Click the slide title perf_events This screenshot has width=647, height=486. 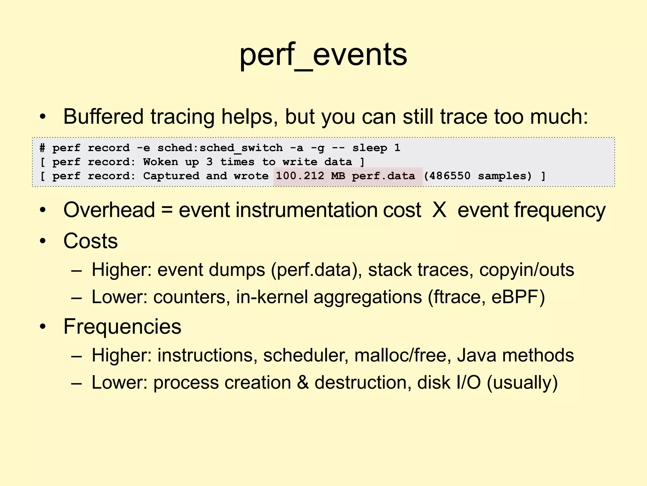323,55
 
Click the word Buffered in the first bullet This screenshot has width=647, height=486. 103,116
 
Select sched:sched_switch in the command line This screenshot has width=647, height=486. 220,148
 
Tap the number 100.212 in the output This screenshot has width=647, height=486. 300,176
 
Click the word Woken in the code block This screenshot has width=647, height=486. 160,162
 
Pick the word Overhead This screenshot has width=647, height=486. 109,210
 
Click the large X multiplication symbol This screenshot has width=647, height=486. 439,210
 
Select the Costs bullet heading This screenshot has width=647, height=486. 90,241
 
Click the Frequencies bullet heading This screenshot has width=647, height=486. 122,327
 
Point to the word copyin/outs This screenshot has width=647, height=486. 527,270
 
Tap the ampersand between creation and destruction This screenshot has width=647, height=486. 303,383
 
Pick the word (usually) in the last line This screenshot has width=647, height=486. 522,383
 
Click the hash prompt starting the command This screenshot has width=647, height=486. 42,148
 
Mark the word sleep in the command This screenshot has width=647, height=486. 370,148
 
